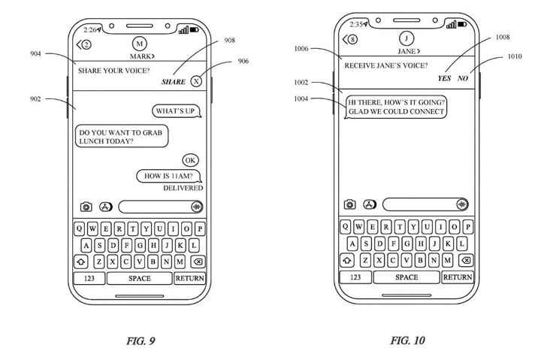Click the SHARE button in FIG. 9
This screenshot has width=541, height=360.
pos(174,81)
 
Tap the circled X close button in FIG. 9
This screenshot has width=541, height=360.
pos(196,81)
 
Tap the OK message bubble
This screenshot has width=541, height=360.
pos(190,160)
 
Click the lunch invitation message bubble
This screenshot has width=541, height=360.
pos(122,136)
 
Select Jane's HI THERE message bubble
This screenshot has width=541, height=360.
pos(395,107)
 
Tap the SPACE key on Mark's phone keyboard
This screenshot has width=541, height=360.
pos(140,278)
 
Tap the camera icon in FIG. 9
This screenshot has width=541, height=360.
pos(86,205)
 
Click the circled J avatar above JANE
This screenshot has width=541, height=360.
pos(407,38)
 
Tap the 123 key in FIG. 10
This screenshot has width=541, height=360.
pos(356,277)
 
